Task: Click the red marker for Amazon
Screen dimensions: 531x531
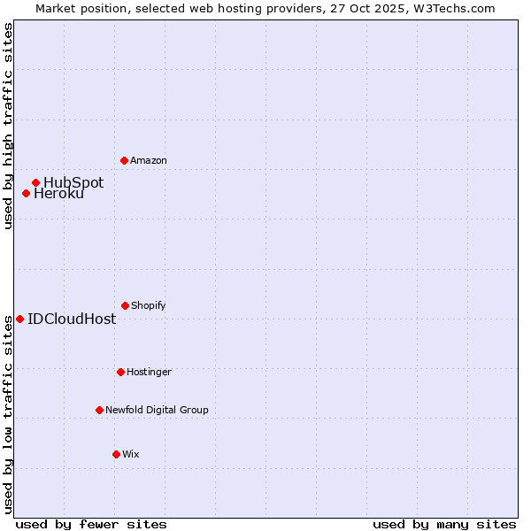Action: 124,160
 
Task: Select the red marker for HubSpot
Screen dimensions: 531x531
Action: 35,182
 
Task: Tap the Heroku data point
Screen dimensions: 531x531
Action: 26,193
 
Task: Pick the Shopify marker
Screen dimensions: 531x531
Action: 125,305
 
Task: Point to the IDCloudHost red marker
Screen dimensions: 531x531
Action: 19,319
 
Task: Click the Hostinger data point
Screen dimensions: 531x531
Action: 120,372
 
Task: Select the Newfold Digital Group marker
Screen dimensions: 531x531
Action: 99,410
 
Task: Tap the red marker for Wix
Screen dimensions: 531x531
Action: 116,454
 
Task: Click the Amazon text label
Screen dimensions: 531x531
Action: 149,161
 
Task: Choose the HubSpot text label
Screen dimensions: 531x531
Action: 73,183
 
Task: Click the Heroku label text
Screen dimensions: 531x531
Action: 58,194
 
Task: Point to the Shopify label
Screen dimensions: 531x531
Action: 149,306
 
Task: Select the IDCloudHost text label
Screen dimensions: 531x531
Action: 72,319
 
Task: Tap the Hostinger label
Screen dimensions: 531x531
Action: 149,373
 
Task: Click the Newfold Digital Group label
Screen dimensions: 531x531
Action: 157,411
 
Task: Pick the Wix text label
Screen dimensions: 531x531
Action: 131,455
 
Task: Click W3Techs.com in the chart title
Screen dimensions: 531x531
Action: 451,8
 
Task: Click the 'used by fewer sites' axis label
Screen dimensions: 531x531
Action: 91,524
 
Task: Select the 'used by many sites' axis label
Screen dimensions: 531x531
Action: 444,524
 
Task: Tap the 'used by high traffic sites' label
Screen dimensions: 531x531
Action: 8,127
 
